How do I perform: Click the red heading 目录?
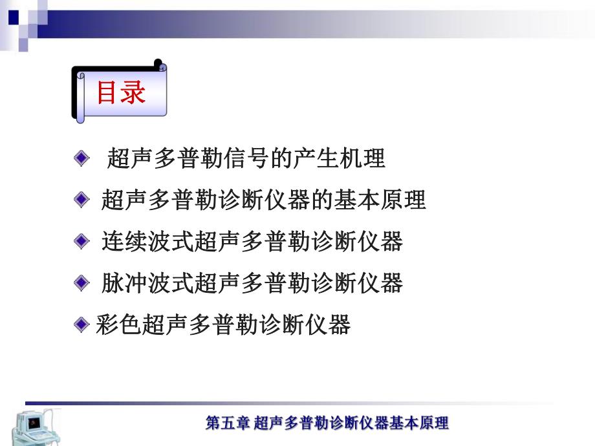pos(121,92)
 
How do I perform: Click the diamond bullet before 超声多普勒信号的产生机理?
pos(81,158)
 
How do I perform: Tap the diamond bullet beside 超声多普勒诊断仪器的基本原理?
pos(81,200)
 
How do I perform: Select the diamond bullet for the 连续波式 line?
pos(81,242)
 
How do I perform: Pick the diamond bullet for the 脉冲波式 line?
pos(81,282)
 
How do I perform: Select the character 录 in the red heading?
pos(133,92)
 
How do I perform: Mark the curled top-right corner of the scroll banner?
pos(160,65)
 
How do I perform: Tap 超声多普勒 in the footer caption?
pos(284,424)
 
